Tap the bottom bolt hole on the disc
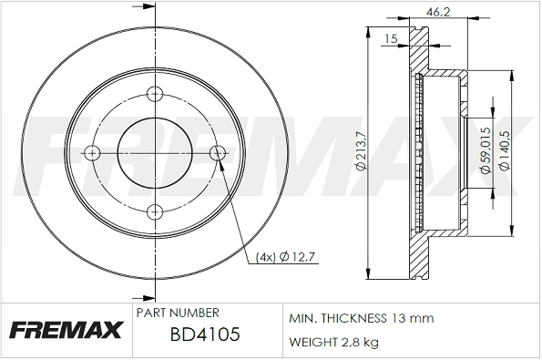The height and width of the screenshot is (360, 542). coord(152,211)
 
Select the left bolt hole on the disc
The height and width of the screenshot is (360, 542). coord(92,152)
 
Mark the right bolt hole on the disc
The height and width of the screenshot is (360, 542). coord(216,152)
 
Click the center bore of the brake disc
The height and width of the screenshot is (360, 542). coord(152,152)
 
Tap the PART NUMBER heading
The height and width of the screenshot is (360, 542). coord(177,313)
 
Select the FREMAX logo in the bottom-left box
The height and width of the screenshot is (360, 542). coord(66,330)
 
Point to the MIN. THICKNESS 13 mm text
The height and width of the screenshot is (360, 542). coord(361,318)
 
